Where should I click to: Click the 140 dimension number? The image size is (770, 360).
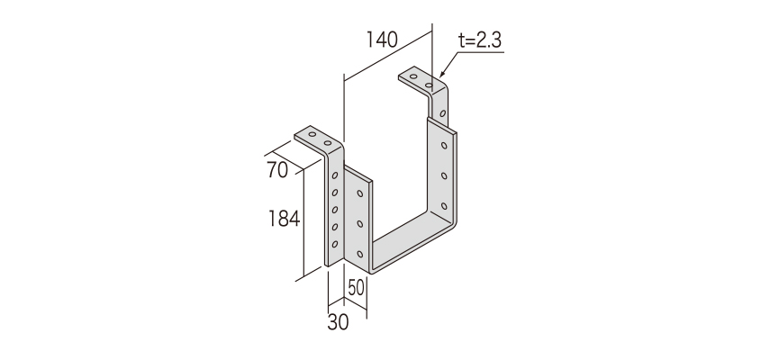tap(382, 40)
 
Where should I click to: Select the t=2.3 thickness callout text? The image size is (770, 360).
tap(480, 40)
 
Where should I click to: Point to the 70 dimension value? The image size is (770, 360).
tap(277, 170)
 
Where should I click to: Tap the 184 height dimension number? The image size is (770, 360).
tap(284, 219)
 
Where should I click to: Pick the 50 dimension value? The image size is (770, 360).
tap(357, 288)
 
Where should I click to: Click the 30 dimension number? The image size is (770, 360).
tap(338, 322)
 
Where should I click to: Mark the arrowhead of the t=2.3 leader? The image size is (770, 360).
tap(442, 74)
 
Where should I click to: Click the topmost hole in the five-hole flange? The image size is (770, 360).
tap(335, 175)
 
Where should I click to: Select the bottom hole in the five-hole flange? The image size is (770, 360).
tap(335, 244)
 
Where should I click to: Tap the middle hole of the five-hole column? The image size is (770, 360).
tap(335, 210)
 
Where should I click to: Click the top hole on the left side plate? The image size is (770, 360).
tap(360, 193)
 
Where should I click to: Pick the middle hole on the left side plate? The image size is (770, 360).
tap(360, 224)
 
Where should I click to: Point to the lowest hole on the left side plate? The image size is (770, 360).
tap(360, 254)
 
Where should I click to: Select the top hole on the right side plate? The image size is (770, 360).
tap(444, 145)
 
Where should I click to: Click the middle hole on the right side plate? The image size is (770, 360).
tap(444, 175)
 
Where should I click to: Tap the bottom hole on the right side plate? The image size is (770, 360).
tap(444, 206)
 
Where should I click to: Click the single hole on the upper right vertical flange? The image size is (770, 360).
tap(443, 113)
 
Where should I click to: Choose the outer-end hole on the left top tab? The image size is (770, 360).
tap(312, 134)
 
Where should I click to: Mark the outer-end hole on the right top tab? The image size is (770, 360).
tap(414, 77)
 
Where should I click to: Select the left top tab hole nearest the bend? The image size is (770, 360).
tap(328, 143)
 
